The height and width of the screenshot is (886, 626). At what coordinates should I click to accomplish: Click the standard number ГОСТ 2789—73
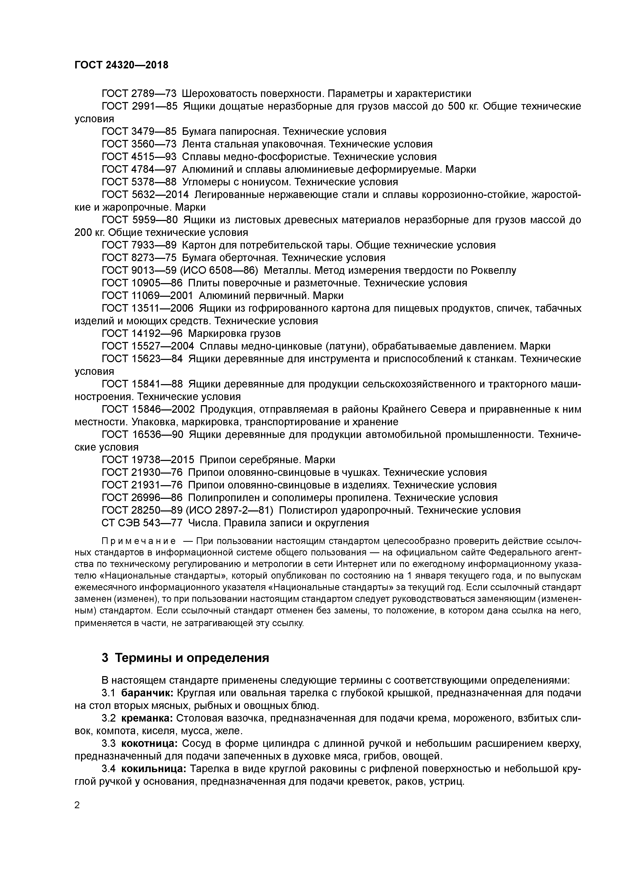coord(139,94)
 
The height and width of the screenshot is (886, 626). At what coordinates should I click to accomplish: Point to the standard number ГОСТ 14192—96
coord(142,333)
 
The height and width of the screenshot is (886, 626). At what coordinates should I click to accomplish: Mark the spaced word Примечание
coord(125,541)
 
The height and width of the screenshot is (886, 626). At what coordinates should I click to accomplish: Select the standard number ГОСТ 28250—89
coord(142,510)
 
